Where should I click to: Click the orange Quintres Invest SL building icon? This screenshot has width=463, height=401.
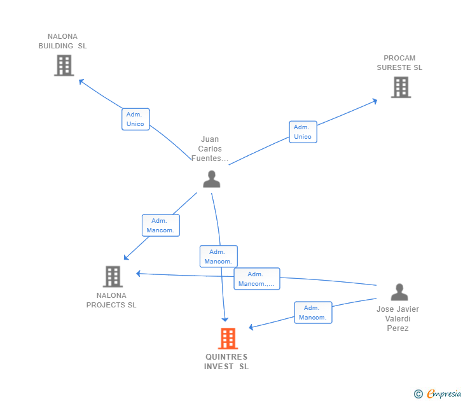tap(228, 339)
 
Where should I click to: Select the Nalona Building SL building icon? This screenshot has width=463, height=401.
tap(64, 66)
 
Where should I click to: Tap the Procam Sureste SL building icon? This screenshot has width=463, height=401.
tap(400, 87)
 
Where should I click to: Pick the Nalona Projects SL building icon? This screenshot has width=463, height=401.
tap(113, 277)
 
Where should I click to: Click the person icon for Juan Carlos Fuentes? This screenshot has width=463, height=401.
tap(211, 179)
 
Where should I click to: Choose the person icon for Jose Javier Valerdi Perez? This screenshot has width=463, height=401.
tap(399, 292)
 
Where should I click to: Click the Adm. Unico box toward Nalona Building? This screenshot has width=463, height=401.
tap(135, 119)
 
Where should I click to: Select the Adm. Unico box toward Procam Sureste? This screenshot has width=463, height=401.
tap(303, 132)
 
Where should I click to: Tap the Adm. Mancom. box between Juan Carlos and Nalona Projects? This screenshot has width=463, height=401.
tap(160, 225)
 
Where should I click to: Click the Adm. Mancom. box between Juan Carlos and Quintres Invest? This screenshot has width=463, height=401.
tap(218, 257)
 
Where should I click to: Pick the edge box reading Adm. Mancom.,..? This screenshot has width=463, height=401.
tap(256, 279)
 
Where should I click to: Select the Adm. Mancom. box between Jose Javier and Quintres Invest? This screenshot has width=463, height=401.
tap(312, 313)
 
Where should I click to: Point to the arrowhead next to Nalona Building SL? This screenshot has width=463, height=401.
tap(81, 81)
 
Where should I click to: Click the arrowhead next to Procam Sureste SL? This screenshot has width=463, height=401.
tap(375, 100)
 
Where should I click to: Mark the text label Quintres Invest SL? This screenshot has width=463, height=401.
tap(226, 362)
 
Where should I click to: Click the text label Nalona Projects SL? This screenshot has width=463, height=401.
tap(112, 300)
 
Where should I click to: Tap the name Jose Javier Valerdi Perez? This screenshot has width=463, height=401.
tap(397, 319)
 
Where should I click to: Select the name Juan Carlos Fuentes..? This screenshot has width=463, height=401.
tap(210, 149)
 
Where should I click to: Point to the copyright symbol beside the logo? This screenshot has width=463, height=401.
tap(418, 394)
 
